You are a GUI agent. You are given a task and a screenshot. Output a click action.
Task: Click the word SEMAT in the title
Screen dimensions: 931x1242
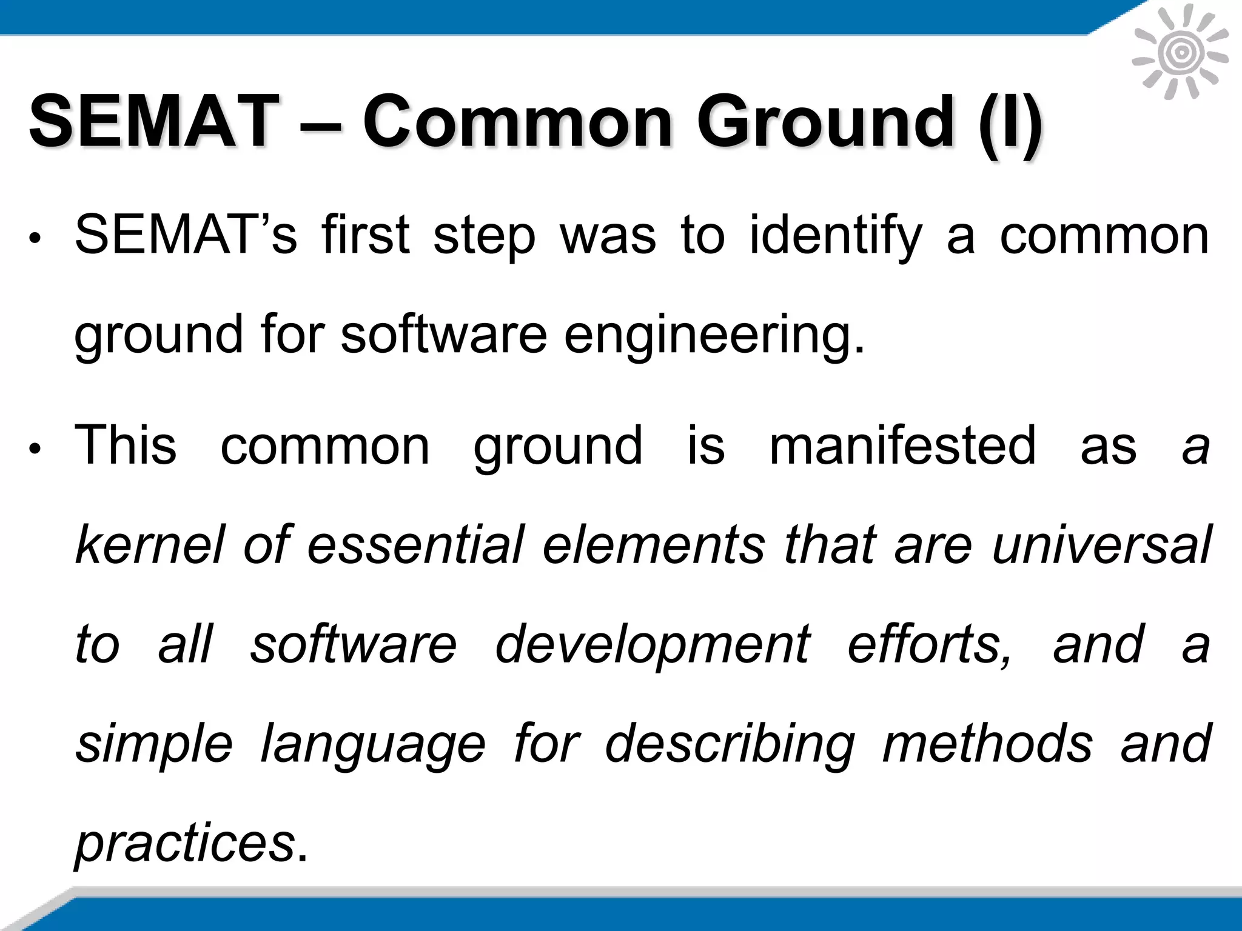point(151,121)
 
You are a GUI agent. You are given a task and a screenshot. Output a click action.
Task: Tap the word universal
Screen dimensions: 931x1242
point(1101,544)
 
